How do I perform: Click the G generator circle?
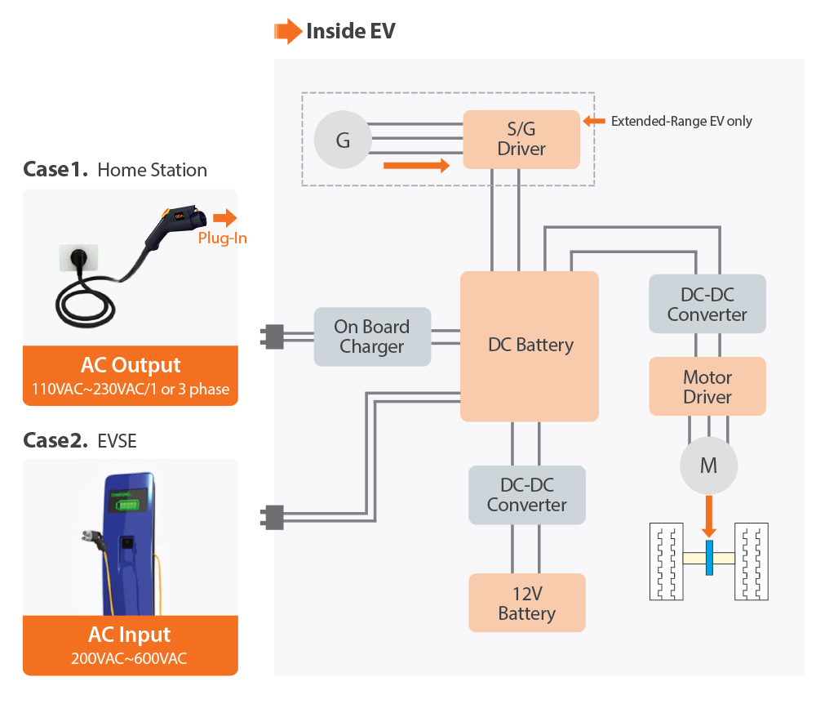pyautogui.click(x=343, y=140)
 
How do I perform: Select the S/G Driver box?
pyautogui.click(x=521, y=140)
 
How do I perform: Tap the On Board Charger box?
pyautogui.click(x=372, y=336)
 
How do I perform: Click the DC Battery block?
pyautogui.click(x=530, y=345)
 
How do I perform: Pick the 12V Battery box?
pyautogui.click(x=526, y=603)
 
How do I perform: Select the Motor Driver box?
pyautogui.click(x=707, y=386)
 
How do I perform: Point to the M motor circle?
pyautogui.click(x=708, y=466)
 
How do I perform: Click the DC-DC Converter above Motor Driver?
pyautogui.click(x=707, y=304)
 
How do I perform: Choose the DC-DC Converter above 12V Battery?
pyautogui.click(x=526, y=495)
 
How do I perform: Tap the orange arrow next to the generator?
pyautogui.click(x=416, y=166)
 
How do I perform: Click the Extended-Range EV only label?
pyautogui.click(x=681, y=121)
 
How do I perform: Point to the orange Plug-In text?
pyautogui.click(x=222, y=238)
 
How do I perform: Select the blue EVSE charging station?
pyautogui.click(x=131, y=539)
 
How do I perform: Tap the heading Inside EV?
pyautogui.click(x=350, y=32)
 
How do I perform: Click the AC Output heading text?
pyautogui.click(x=131, y=365)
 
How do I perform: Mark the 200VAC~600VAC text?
pyautogui.click(x=131, y=657)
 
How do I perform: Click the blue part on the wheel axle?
pyautogui.click(x=708, y=558)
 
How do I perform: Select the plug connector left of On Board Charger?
pyautogui.click(x=273, y=336)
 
